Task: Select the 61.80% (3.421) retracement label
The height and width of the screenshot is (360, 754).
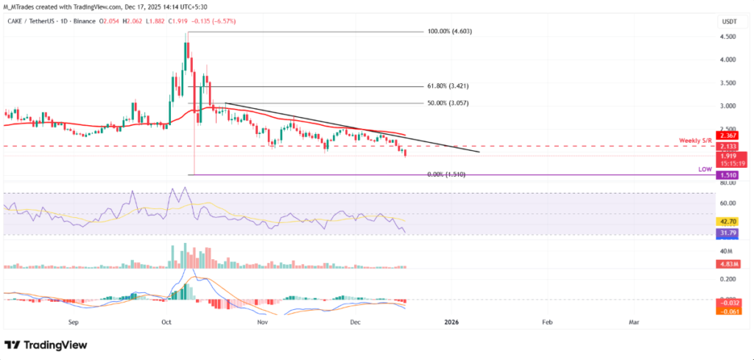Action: (x=452, y=87)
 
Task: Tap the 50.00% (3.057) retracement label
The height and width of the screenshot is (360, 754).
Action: (x=448, y=103)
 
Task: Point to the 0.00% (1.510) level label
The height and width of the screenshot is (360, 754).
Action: (x=447, y=174)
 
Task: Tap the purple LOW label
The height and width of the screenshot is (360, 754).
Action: (x=705, y=169)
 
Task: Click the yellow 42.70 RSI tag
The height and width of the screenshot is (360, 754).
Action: (x=729, y=221)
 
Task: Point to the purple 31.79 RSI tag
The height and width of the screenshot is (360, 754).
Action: (x=729, y=233)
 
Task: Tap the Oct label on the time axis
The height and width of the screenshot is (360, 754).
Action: (x=167, y=322)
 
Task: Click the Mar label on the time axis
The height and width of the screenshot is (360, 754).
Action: (x=633, y=322)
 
